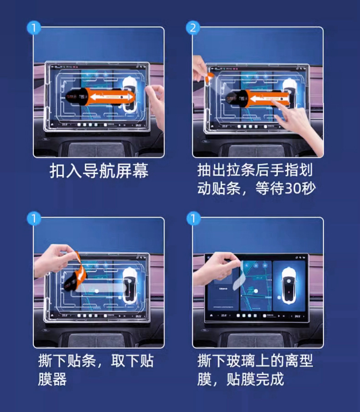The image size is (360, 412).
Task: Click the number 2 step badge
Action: [x=193, y=28]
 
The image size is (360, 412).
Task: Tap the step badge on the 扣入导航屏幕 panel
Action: [x=34, y=28]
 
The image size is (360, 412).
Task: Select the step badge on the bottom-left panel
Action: [x=34, y=219]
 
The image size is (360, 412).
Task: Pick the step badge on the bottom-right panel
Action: [x=193, y=219]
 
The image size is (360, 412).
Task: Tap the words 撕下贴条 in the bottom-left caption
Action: [x=67, y=362]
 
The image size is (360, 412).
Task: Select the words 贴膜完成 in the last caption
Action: [x=255, y=379]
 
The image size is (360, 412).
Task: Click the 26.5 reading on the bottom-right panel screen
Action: [x=298, y=315]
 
